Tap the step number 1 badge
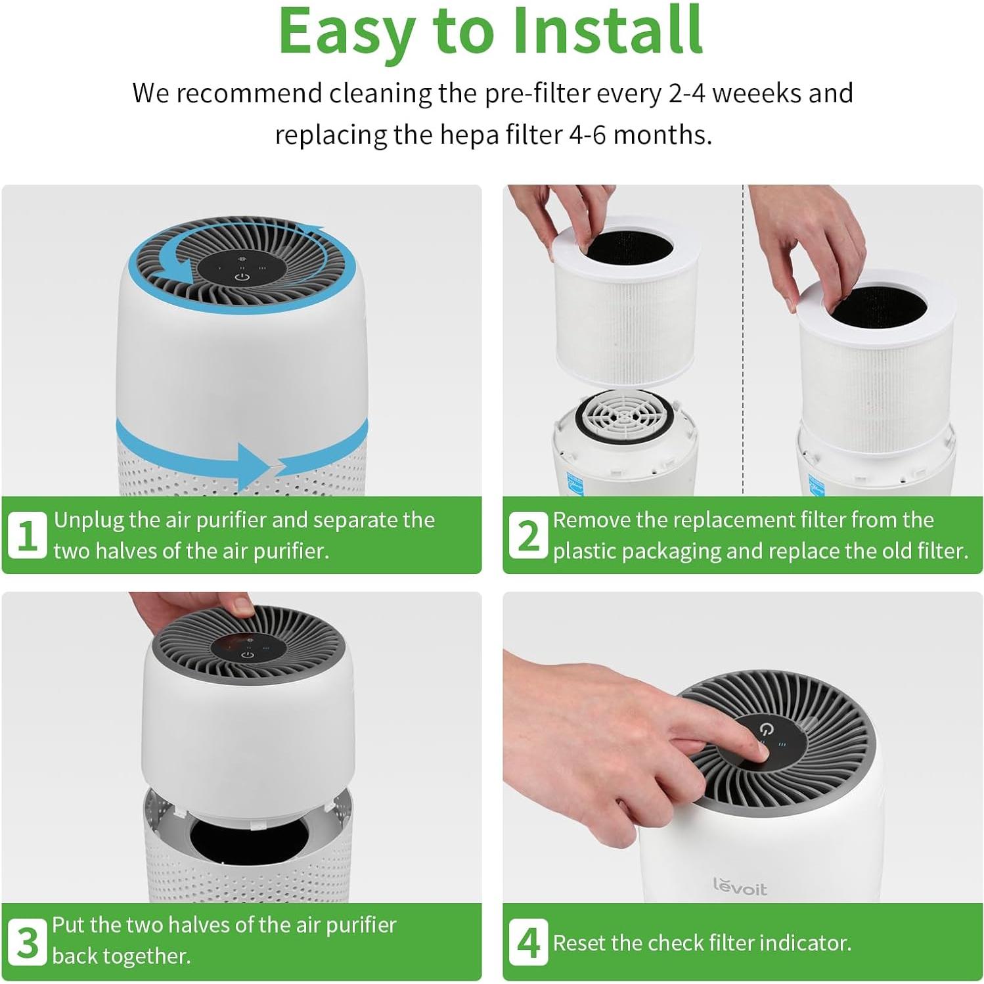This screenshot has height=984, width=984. (27, 535)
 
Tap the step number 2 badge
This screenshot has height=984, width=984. (528, 535)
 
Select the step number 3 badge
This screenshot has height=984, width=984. (27, 942)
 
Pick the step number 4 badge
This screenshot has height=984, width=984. (528, 942)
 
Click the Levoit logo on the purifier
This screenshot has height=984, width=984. (740, 887)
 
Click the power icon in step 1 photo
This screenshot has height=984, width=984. (242, 277)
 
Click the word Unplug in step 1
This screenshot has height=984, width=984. (89, 520)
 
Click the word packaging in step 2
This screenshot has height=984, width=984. (671, 550)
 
